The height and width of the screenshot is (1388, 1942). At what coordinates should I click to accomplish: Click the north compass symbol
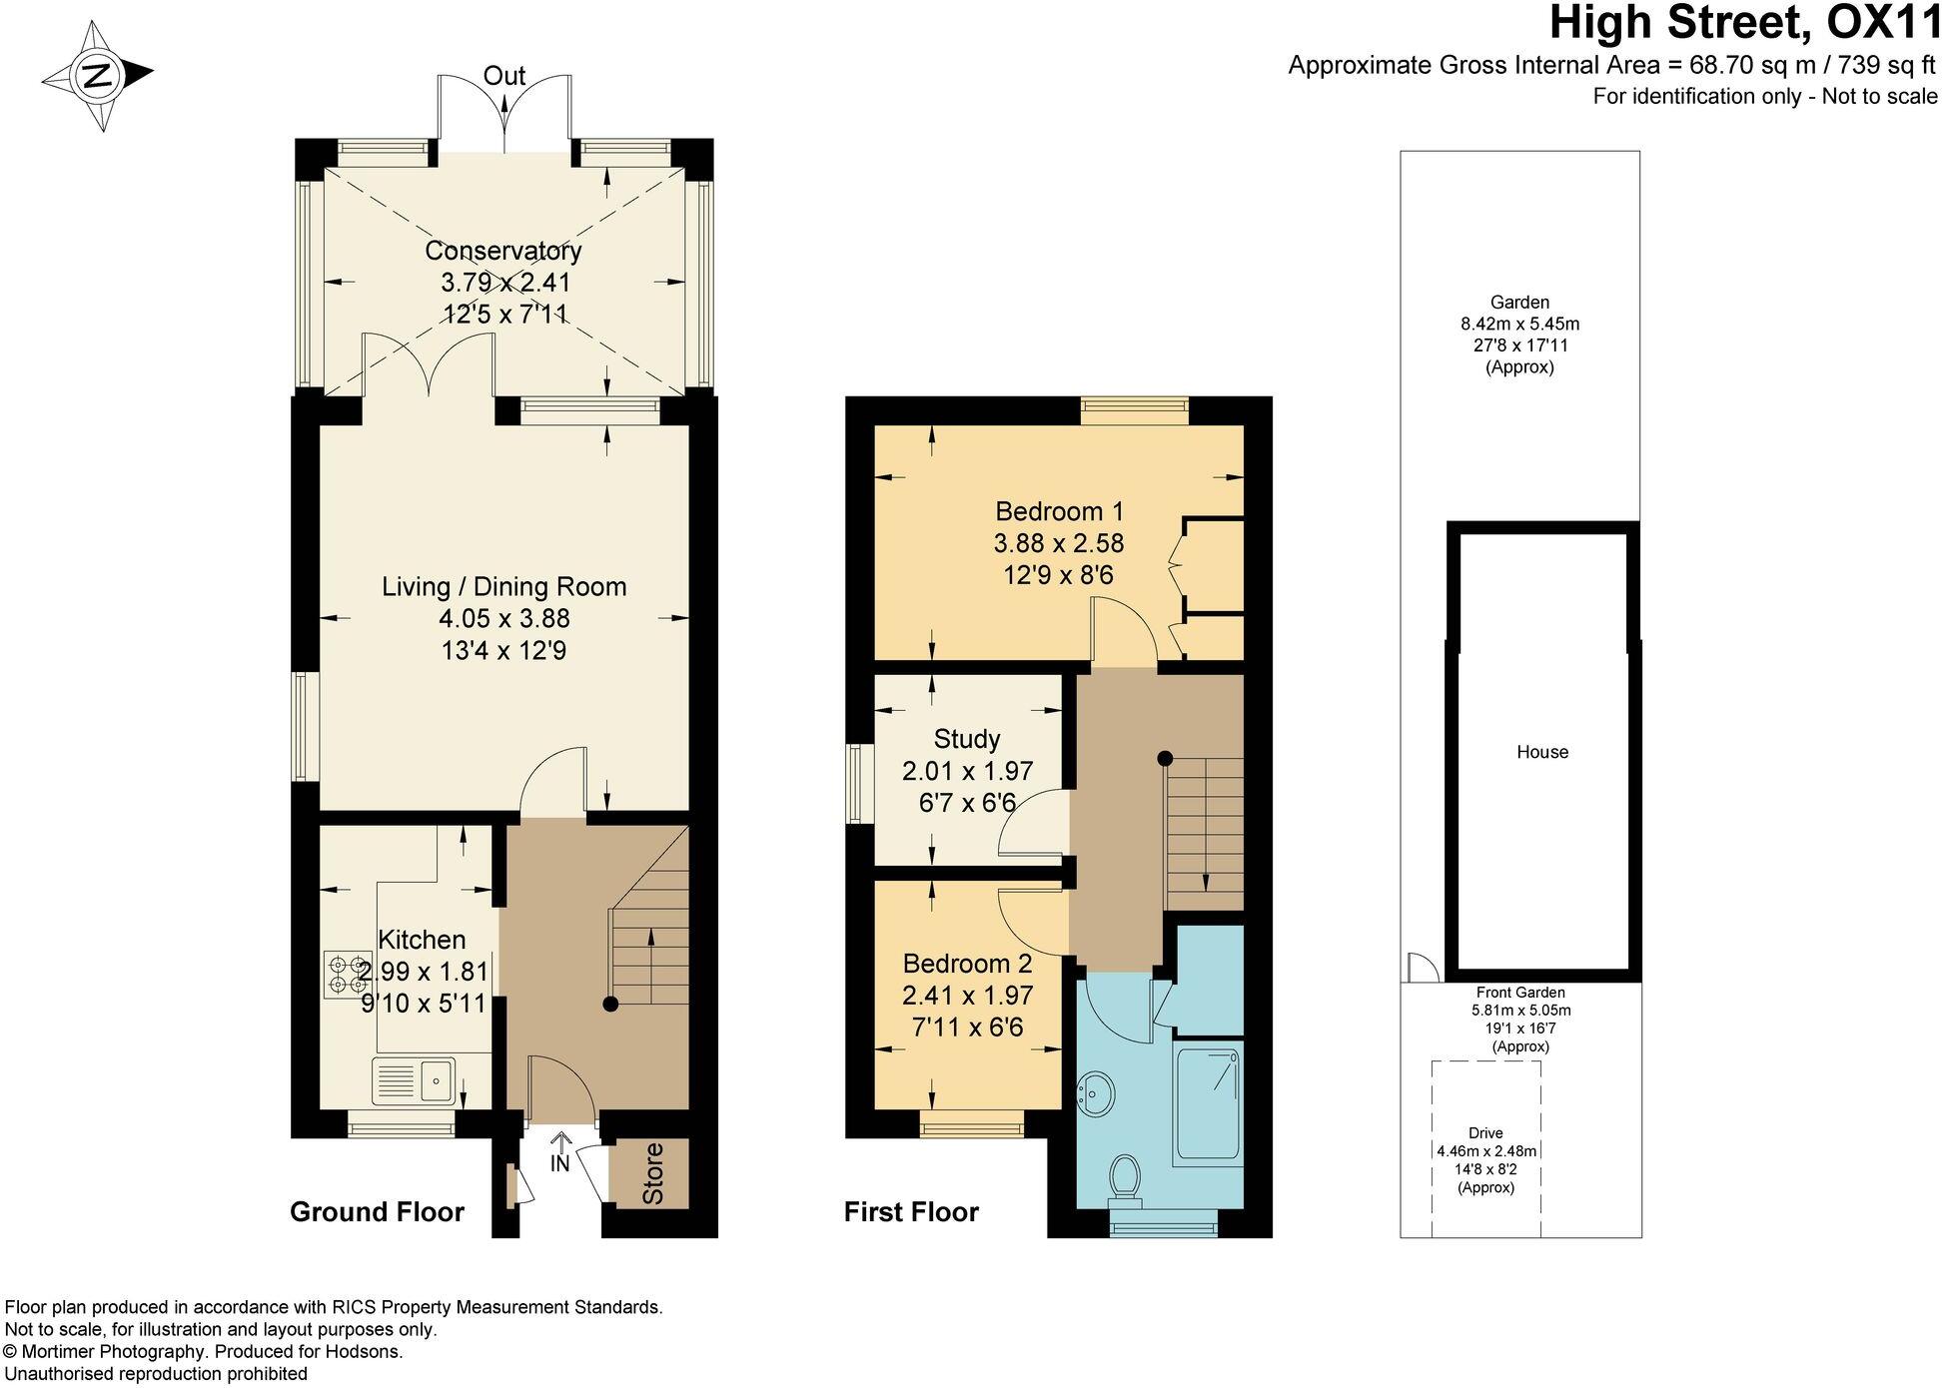(x=97, y=76)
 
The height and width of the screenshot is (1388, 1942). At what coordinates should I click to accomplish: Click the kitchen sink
(x=413, y=1081)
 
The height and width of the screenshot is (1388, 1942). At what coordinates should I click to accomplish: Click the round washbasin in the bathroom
(x=1097, y=1094)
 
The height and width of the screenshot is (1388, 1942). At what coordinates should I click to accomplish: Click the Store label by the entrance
(x=651, y=1173)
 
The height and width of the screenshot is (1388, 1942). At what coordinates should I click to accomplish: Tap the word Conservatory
(x=502, y=251)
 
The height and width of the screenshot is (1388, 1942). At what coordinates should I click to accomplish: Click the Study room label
(x=966, y=739)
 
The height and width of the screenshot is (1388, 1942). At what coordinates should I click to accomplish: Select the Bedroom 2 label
(x=967, y=964)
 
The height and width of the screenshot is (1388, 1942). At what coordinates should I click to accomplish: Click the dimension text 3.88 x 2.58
(x=1058, y=543)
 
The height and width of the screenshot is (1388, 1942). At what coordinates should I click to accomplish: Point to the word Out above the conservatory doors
(x=503, y=76)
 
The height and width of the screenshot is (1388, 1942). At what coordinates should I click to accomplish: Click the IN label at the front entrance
(x=559, y=1163)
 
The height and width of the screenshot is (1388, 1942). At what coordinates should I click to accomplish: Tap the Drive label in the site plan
(x=1485, y=1132)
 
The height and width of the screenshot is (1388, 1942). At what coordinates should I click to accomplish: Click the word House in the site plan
(x=1541, y=752)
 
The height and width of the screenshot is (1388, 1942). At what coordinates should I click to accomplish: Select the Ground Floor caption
(x=377, y=1212)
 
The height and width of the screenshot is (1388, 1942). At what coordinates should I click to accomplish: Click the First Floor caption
(x=911, y=1212)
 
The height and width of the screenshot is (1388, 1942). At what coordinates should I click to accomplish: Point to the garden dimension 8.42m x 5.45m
(x=1519, y=324)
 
